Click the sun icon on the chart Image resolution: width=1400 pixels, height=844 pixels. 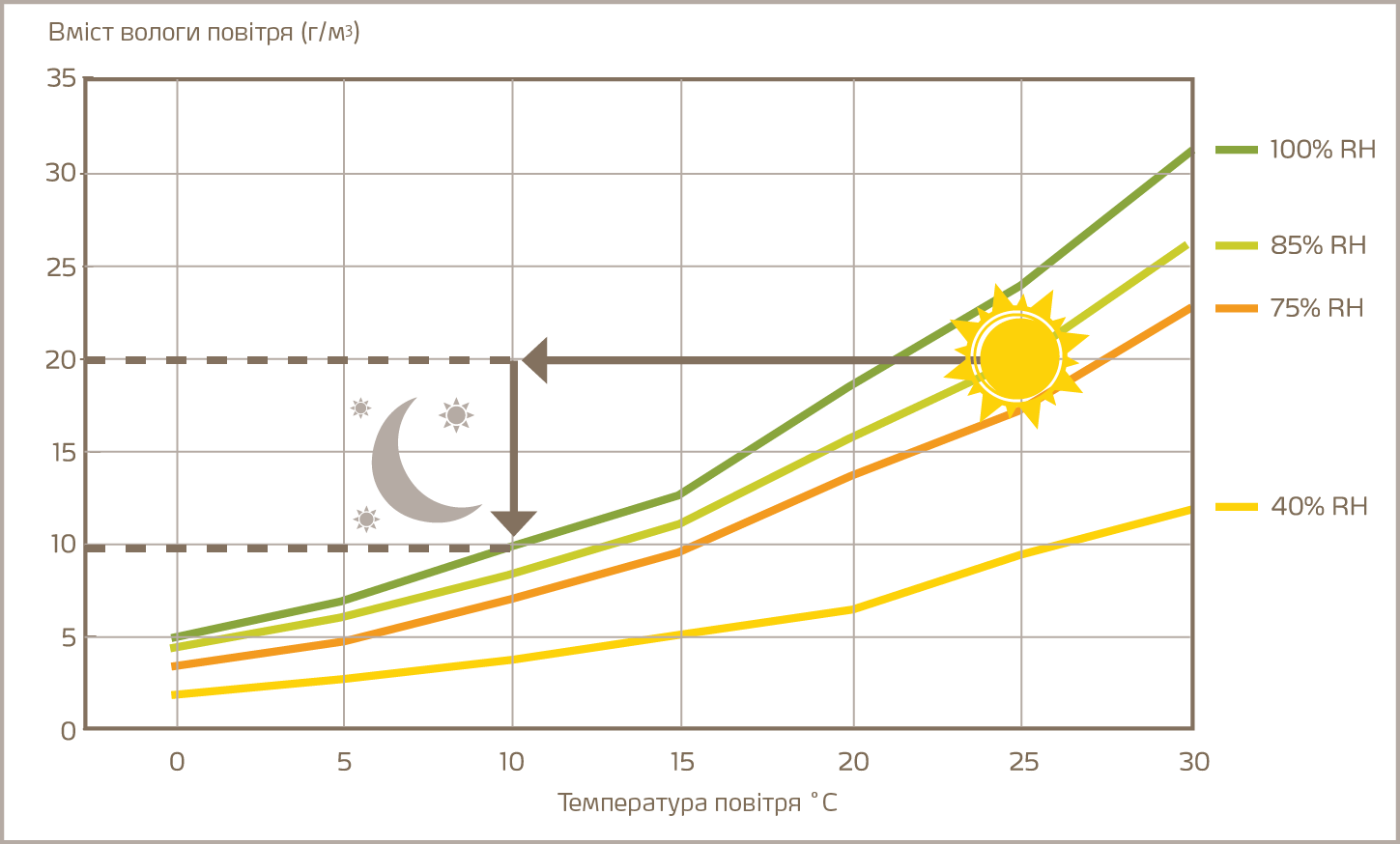(1019, 358)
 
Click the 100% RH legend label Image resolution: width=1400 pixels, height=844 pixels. (1322, 150)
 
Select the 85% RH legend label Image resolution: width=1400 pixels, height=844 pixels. (1318, 245)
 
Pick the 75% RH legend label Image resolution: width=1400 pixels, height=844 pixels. (1316, 308)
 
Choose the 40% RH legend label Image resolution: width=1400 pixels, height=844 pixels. (1319, 506)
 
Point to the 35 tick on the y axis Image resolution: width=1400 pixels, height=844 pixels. (61, 78)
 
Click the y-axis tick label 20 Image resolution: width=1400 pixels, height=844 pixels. (61, 360)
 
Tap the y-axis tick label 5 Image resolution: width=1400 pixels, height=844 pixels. (68, 637)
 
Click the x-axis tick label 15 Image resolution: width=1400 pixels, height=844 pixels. (682, 762)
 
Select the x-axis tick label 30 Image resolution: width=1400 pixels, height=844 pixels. (1194, 762)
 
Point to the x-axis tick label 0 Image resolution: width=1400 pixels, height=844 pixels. (177, 762)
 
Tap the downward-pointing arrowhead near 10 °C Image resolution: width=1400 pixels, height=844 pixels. (513, 523)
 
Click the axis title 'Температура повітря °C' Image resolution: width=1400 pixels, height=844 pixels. (697, 802)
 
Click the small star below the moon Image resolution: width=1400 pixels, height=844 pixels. (366, 520)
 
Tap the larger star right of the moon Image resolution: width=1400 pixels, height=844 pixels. (456, 415)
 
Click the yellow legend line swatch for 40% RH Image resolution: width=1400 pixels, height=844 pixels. (1236, 506)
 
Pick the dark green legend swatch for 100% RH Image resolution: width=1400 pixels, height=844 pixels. (1236, 150)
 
